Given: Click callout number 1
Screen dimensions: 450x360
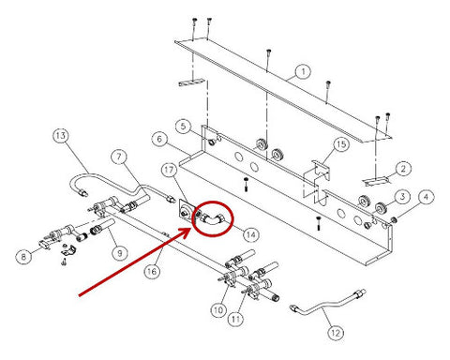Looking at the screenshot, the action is [x=303, y=72].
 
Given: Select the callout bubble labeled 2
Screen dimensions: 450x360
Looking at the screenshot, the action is [x=403, y=169].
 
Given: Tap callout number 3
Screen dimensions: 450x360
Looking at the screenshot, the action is [x=402, y=197].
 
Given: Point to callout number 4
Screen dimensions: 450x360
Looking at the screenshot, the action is [x=426, y=197].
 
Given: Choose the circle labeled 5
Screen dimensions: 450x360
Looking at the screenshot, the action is [x=183, y=127].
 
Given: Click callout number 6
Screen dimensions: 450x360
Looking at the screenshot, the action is [x=159, y=139].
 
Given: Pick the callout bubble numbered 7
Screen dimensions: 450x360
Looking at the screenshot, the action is [x=119, y=157].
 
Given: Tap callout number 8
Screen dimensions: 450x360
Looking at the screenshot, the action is [x=23, y=257].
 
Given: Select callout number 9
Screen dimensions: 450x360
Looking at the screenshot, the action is [x=120, y=252].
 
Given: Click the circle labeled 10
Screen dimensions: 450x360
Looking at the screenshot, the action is [x=218, y=310].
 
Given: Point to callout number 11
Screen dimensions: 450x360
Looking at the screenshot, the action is [x=235, y=319].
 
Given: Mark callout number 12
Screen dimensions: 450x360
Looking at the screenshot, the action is [x=336, y=333].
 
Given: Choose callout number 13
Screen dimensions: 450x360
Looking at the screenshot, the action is [x=60, y=136].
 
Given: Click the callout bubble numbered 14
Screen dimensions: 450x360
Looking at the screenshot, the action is [x=251, y=234].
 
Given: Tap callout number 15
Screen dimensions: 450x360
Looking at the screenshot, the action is [x=341, y=144].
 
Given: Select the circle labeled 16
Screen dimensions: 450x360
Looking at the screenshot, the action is [x=152, y=271].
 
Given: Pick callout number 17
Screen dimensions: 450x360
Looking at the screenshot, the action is [x=169, y=170].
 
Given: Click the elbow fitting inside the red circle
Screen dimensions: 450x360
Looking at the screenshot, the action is [x=212, y=219].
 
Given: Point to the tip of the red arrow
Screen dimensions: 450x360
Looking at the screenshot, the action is [x=191, y=229].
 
